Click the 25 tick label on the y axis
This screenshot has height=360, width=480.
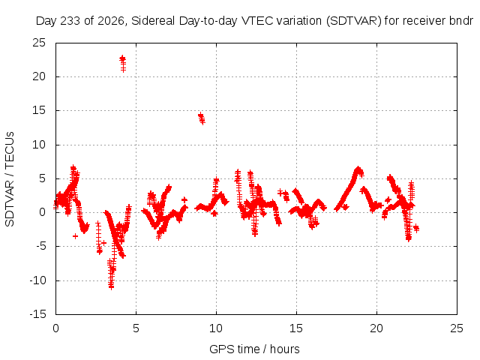pyautogui.click(x=39, y=43)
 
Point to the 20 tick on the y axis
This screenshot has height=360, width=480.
pyautogui.click(x=39, y=76)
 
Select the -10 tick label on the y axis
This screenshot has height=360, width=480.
pyautogui.click(x=37, y=280)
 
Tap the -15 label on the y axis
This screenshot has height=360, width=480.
pyautogui.click(x=37, y=314)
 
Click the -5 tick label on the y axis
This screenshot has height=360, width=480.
pyautogui.click(x=40, y=247)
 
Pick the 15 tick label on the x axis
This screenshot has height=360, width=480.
pyautogui.click(x=296, y=328)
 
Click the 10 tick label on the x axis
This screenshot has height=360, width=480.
pyautogui.click(x=216, y=328)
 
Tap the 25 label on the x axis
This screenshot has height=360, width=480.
pyautogui.click(x=457, y=328)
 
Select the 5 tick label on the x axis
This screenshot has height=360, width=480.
pyautogui.click(x=136, y=328)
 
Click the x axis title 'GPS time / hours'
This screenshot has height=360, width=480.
pyautogui.click(x=254, y=349)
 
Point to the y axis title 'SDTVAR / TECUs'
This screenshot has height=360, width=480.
pyautogui.click(x=10, y=179)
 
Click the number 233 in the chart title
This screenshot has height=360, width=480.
pyautogui.click(x=70, y=21)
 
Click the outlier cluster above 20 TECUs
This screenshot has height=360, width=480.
pyautogui.click(x=123, y=64)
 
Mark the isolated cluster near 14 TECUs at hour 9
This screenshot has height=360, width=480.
pyautogui.click(x=202, y=118)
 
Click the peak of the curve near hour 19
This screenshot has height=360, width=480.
pyautogui.click(x=358, y=169)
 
